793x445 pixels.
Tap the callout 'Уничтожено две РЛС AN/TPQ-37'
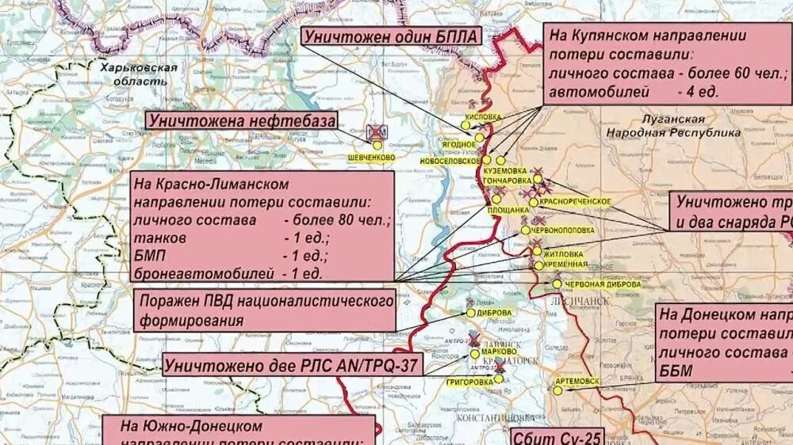293,365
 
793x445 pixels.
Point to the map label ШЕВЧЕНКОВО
371,158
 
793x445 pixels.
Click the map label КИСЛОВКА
484,116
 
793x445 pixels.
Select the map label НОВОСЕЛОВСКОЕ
450,160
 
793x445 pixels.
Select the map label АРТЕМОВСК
577,381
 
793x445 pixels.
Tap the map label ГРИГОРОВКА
470,382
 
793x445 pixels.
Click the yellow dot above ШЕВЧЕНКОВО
377,146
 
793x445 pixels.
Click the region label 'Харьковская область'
139,74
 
